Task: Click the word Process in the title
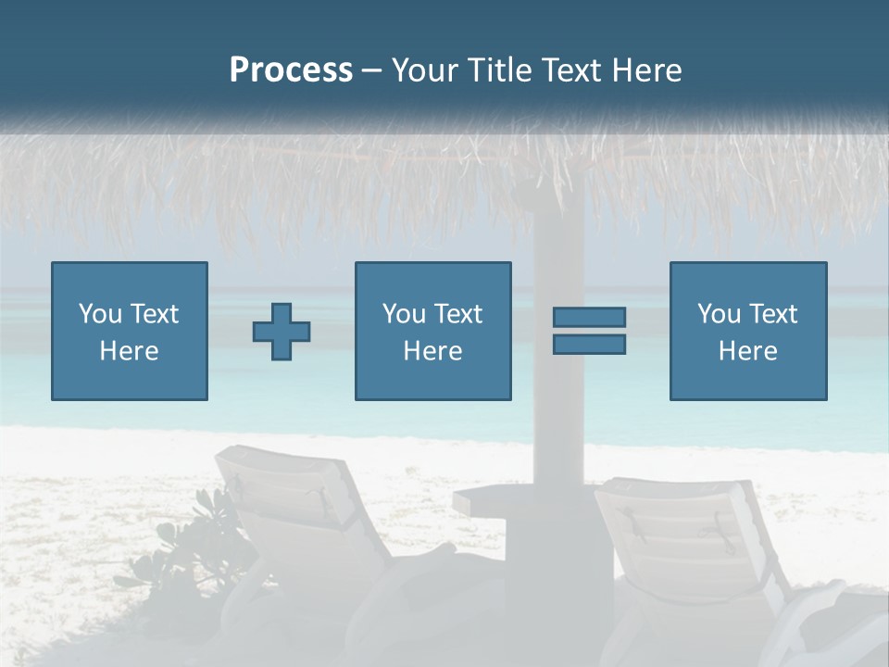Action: pos(291,70)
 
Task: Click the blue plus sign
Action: pos(282,331)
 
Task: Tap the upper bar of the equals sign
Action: pos(589,317)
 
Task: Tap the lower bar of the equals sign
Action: pos(589,344)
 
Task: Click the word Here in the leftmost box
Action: pos(129,351)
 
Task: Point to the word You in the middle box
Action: pos(404,314)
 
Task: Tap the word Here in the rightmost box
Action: pos(747,351)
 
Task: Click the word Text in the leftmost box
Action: pos(154,314)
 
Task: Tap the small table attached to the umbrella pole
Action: pos(486,501)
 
